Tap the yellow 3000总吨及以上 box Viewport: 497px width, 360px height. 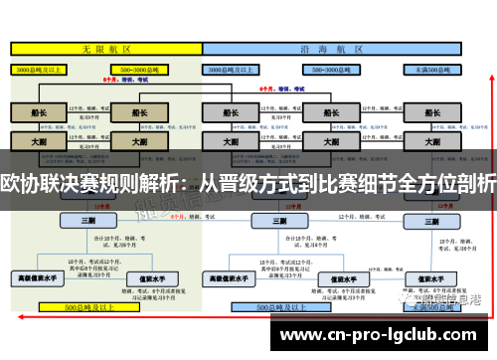[37, 70]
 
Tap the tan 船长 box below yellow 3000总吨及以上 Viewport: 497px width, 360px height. [37, 113]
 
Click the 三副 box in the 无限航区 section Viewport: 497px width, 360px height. [89, 220]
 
